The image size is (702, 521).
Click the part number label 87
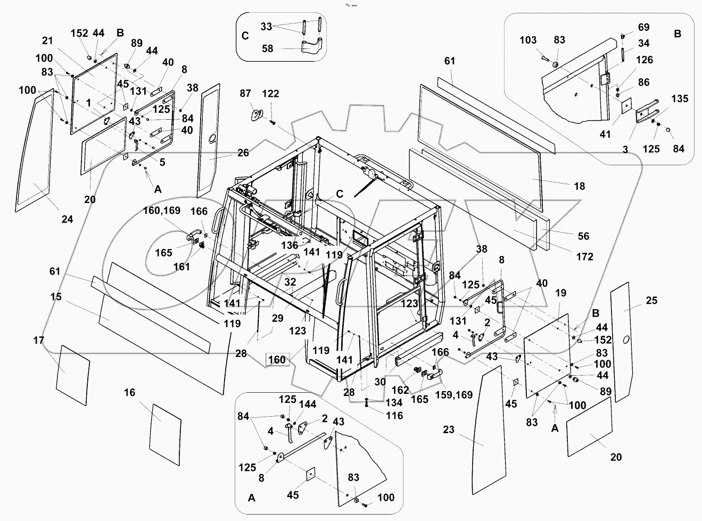[x=245, y=94]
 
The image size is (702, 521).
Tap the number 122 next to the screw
[x=270, y=94]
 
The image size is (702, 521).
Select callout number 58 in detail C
[x=267, y=48]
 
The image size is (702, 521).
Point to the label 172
[x=584, y=257]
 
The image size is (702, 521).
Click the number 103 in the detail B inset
[x=528, y=40]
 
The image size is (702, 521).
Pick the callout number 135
[x=679, y=98]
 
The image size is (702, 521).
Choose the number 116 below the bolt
[x=394, y=416]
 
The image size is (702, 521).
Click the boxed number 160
[x=277, y=360]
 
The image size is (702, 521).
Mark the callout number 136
[x=290, y=246]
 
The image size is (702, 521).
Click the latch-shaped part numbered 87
[x=258, y=114]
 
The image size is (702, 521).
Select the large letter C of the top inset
[x=245, y=36]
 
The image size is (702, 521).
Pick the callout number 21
[x=47, y=41]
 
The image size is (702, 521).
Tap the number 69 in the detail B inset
[x=643, y=27]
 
